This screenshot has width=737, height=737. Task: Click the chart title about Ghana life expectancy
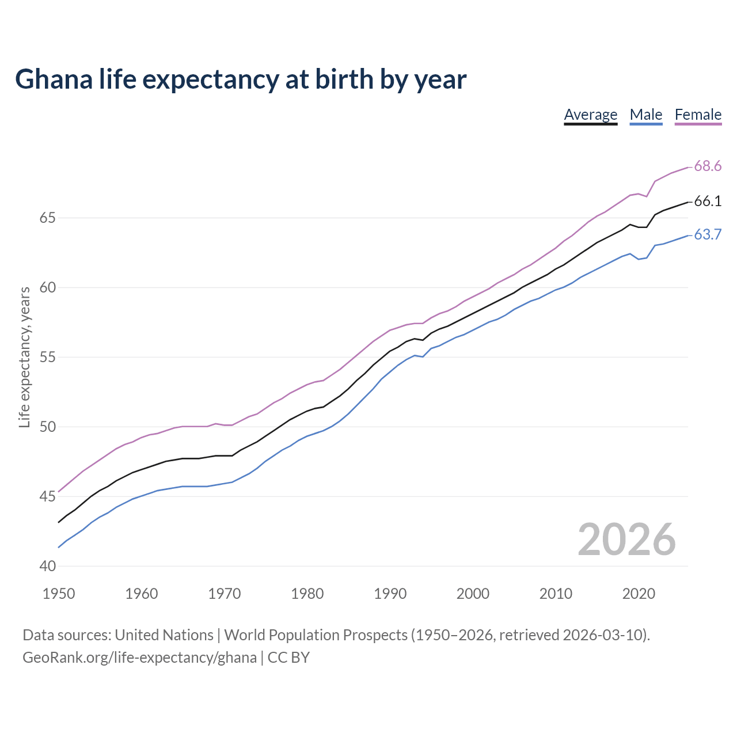pyautogui.click(x=241, y=79)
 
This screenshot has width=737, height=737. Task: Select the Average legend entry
pyautogui.click(x=590, y=115)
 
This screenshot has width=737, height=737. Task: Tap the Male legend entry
pyautogui.click(x=645, y=115)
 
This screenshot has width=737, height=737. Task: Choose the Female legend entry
pyautogui.click(x=698, y=115)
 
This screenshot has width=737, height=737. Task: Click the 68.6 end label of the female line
pyautogui.click(x=707, y=166)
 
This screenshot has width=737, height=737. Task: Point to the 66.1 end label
pyautogui.click(x=707, y=202)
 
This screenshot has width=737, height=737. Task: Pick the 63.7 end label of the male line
pyautogui.click(x=707, y=235)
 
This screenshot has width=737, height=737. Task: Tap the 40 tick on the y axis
pyautogui.click(x=47, y=567)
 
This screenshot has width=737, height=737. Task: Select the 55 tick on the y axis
pyautogui.click(x=47, y=358)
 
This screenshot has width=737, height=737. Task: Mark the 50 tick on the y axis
pyautogui.click(x=47, y=427)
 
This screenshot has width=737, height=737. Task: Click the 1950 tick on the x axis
pyautogui.click(x=59, y=594)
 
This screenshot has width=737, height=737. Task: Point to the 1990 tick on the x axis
pyautogui.click(x=390, y=594)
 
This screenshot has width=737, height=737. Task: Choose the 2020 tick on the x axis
pyautogui.click(x=639, y=594)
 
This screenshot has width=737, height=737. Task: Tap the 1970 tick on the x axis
pyautogui.click(x=225, y=594)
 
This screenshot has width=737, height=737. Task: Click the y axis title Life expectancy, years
pyautogui.click(x=25, y=358)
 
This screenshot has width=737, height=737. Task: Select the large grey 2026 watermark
pyautogui.click(x=626, y=540)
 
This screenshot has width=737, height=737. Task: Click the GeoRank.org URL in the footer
pyautogui.click(x=139, y=658)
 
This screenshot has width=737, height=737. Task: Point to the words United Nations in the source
pyautogui.click(x=164, y=635)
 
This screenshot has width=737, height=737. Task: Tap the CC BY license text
pyautogui.click(x=288, y=658)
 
